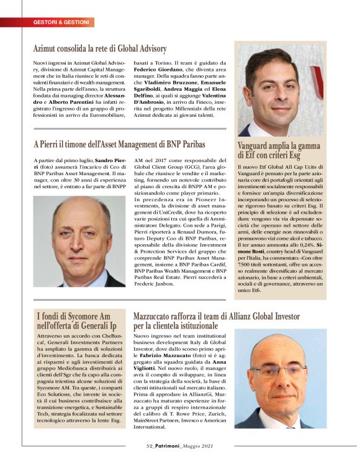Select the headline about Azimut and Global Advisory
click(x=99, y=48)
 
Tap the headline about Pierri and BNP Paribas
click(x=119, y=145)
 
